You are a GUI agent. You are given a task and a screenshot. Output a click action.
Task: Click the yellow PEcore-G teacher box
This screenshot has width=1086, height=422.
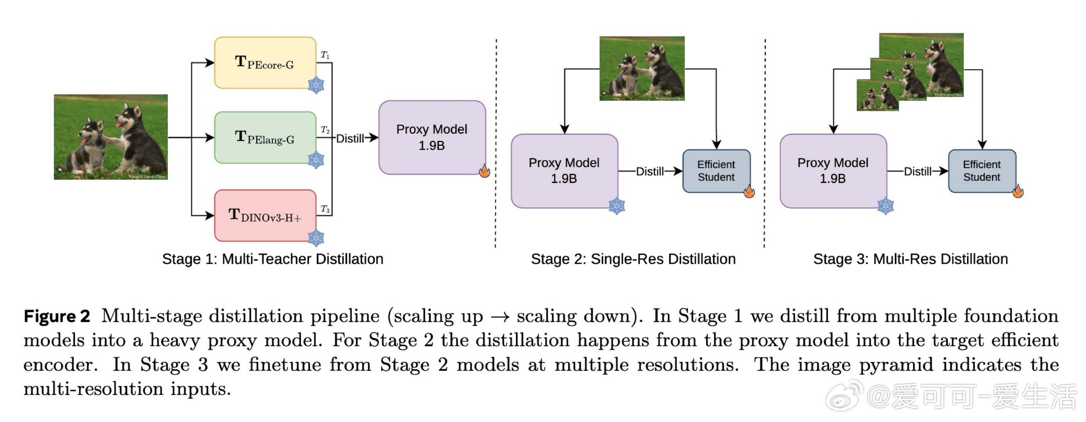(265, 63)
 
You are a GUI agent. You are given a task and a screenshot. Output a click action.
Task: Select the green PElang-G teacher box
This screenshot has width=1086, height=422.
(265, 138)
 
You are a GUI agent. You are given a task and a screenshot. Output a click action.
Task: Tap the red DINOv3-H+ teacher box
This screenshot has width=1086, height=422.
(265, 215)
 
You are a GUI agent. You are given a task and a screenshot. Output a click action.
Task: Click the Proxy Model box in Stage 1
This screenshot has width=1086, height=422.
(432, 137)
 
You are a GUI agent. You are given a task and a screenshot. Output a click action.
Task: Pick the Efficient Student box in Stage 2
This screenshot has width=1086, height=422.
(716, 171)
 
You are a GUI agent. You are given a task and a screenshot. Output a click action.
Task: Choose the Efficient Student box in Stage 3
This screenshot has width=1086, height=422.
(981, 171)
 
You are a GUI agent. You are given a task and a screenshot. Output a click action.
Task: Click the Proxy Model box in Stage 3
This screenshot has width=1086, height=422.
(833, 171)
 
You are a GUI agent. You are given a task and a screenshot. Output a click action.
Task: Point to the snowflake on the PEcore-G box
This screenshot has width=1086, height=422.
(316, 85)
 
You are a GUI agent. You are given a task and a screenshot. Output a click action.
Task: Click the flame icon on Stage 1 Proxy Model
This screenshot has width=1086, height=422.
(484, 171)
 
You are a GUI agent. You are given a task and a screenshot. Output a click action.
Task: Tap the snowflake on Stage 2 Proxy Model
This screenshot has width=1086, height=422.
(616, 206)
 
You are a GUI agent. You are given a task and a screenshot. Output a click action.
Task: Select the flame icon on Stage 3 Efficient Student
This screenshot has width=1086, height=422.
(1018, 191)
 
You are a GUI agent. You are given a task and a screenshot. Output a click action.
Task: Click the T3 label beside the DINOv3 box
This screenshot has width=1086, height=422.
(325, 209)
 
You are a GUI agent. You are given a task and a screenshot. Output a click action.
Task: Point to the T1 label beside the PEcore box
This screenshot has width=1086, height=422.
(325, 55)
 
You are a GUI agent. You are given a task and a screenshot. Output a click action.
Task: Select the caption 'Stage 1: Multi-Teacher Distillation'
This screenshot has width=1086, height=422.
(272, 259)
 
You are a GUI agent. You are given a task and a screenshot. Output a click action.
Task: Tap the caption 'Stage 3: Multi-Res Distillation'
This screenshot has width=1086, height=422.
(910, 259)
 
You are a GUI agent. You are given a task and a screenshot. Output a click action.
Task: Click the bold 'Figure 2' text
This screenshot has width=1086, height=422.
(57, 316)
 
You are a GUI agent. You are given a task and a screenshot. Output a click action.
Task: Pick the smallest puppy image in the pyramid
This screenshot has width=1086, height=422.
(877, 96)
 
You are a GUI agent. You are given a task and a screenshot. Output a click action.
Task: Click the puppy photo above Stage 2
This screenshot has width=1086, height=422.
(642, 68)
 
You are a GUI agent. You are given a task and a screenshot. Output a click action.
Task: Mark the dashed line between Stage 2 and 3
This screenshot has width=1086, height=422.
(764, 143)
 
